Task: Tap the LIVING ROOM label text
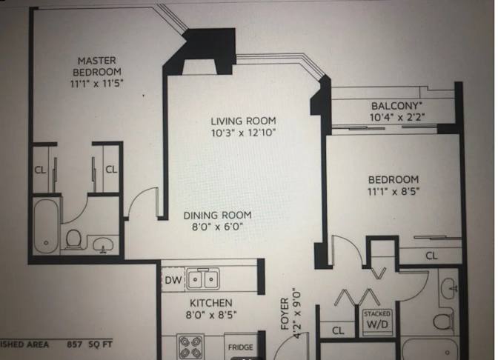pyautogui.click(x=242, y=121)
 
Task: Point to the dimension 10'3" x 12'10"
pyautogui.click(x=243, y=133)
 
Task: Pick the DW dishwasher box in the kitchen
pyautogui.click(x=172, y=279)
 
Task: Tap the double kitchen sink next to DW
pyautogui.click(x=203, y=279)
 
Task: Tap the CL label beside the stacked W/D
pyautogui.click(x=337, y=330)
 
